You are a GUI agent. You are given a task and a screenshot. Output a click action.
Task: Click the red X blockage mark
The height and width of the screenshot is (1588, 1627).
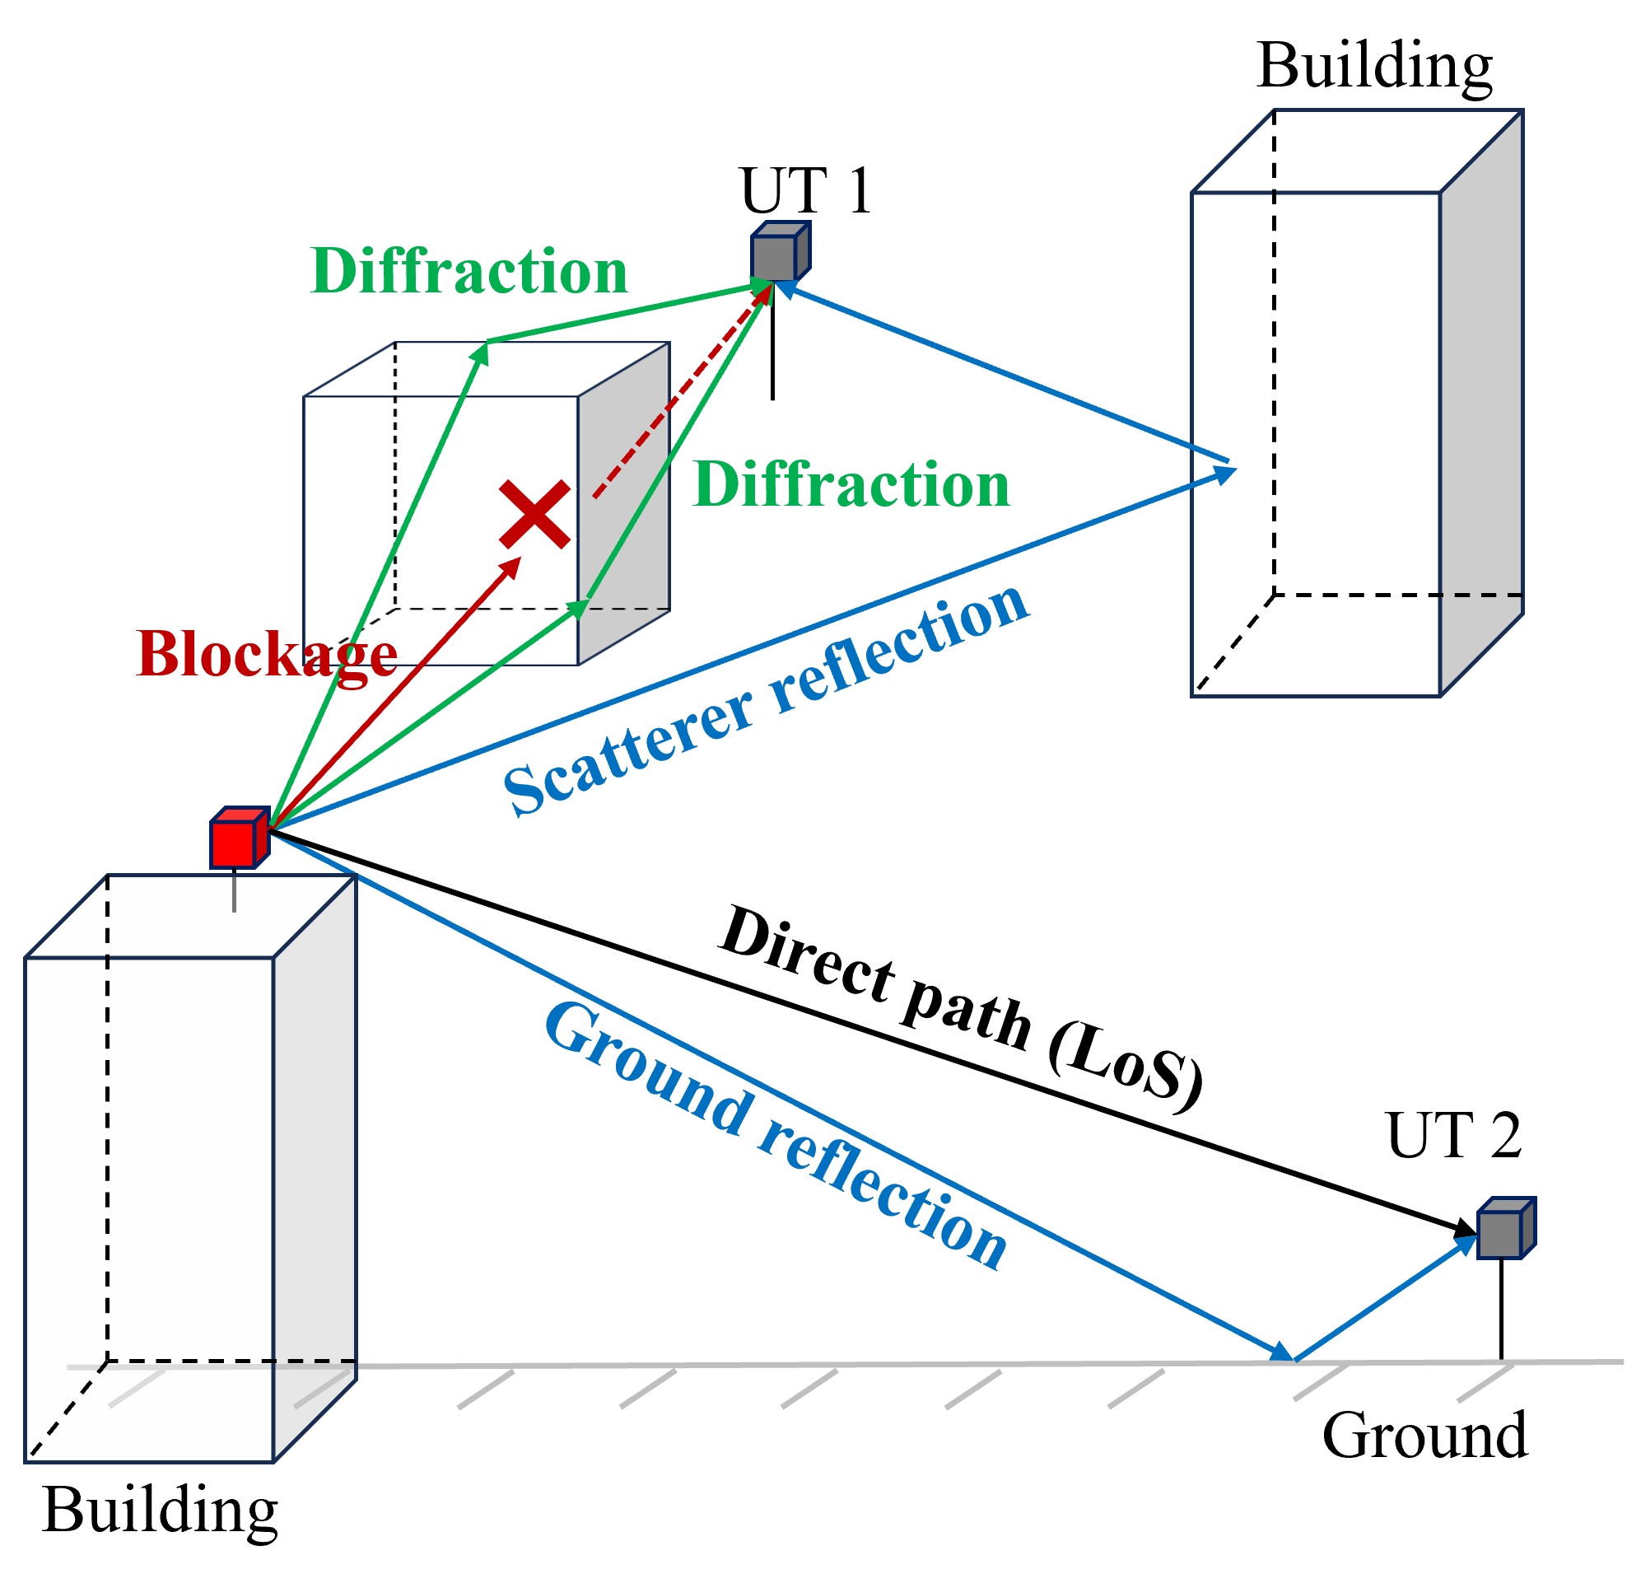pyautogui.click(x=534, y=514)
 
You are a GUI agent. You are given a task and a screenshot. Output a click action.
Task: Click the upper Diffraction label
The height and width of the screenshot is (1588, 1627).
pyautogui.click(x=469, y=271)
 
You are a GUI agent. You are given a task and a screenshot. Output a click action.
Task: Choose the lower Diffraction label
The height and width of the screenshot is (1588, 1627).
pyautogui.click(x=851, y=484)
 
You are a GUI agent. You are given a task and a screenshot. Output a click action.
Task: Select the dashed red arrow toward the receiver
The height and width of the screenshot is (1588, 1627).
pyautogui.click(x=679, y=392)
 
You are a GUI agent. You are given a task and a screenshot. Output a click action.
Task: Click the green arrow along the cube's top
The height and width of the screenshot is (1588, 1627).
pyautogui.click(x=626, y=314)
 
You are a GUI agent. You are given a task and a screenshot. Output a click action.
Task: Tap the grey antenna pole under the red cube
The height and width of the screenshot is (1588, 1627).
pyautogui.click(x=235, y=890)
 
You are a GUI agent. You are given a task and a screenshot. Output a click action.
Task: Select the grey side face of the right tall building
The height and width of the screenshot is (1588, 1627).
pyautogui.click(x=1481, y=400)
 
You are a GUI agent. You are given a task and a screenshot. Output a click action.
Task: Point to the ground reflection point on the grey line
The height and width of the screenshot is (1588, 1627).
pyautogui.click(x=1293, y=1361)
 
